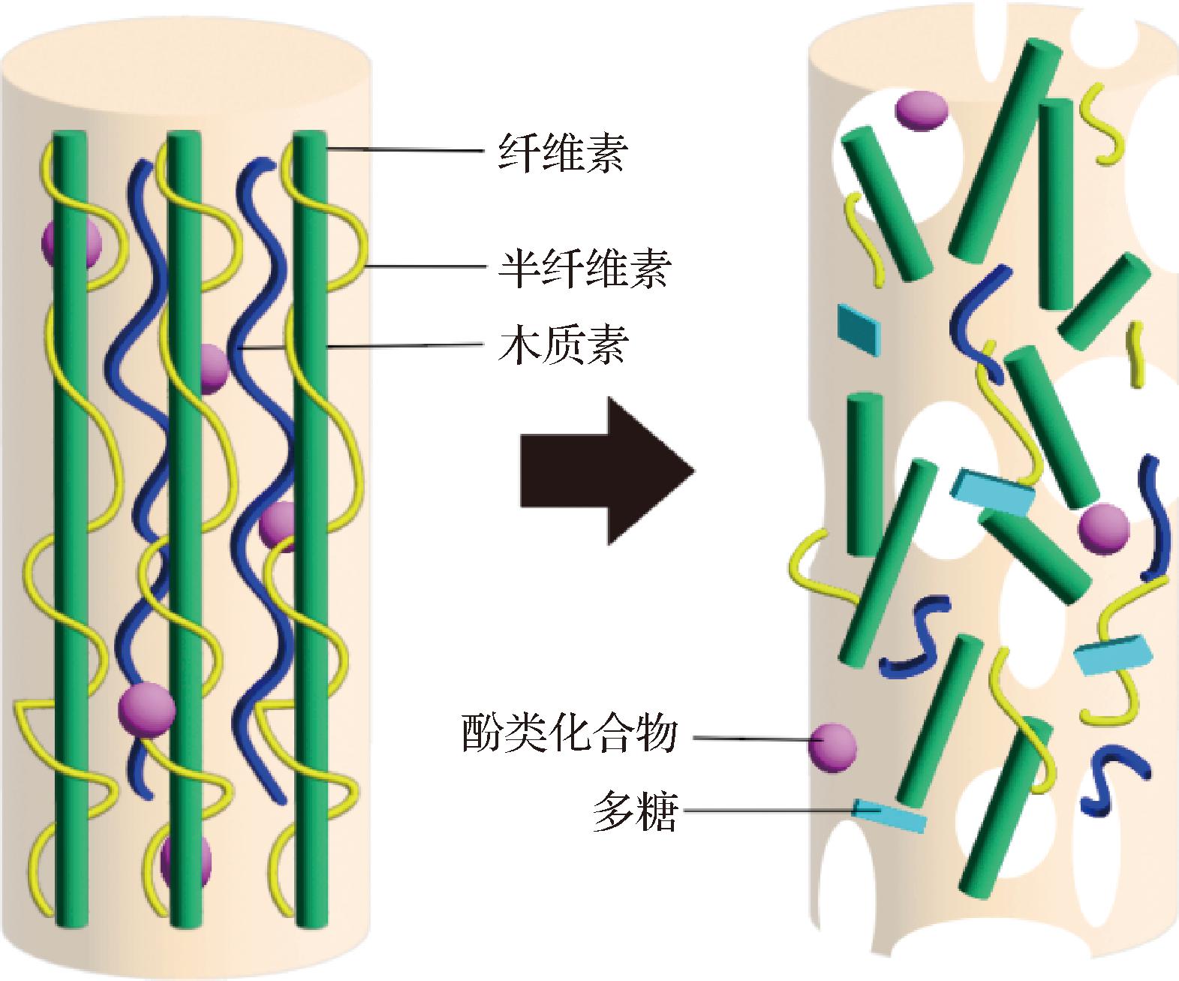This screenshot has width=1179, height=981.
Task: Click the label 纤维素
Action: pyautogui.click(x=562, y=153)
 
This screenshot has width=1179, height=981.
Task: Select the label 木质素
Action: pyautogui.click(x=562, y=346)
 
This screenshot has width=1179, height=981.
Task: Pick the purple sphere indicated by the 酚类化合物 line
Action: pyautogui.click(x=832, y=747)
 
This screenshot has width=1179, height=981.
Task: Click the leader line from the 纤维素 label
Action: pyautogui.click(x=405, y=152)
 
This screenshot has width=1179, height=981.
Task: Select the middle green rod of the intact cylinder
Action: pyautogui.click(x=184, y=525)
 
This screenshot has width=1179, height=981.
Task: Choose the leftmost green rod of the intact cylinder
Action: pyautogui.click(x=70, y=525)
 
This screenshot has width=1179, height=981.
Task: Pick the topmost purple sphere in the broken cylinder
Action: pyautogui.click(x=922, y=110)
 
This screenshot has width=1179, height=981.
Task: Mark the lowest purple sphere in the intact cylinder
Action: pyautogui.click(x=185, y=860)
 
